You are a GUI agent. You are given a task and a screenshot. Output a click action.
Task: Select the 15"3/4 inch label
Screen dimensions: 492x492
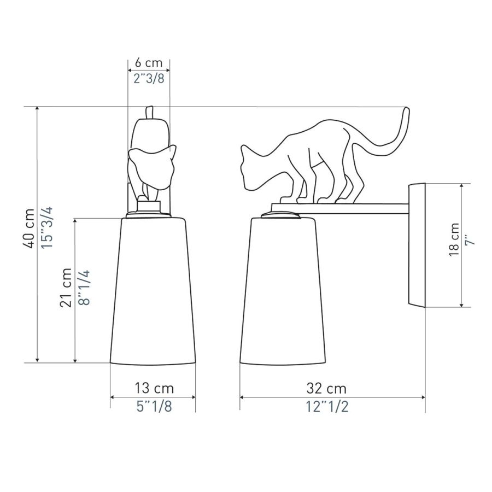48,228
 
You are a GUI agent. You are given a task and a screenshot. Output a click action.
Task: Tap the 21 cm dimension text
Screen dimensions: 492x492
66,288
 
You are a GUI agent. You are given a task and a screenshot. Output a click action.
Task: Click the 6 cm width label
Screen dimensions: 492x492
149,63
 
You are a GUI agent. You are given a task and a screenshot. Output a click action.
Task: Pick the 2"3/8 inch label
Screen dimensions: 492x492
149,78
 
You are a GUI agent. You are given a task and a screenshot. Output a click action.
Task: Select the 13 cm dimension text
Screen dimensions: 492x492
154,389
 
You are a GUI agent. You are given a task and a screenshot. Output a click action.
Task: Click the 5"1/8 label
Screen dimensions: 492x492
154,407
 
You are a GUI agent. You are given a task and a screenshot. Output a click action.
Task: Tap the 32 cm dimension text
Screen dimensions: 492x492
326,389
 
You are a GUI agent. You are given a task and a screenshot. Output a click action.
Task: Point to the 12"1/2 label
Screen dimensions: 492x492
327,407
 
